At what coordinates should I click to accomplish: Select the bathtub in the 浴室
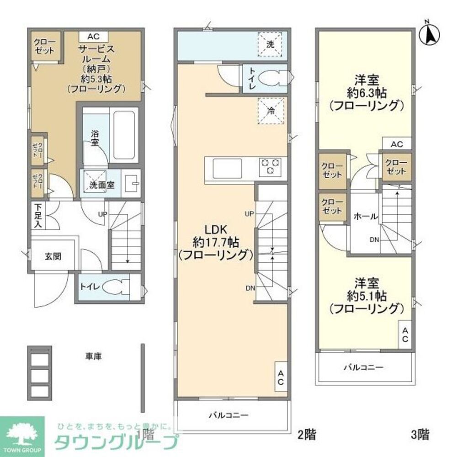click(125, 135)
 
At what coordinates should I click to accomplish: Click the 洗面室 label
click(101, 186)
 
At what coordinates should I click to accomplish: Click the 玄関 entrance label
click(53, 256)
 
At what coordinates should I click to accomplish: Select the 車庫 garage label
click(93, 356)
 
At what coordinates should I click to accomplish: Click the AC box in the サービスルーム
click(93, 37)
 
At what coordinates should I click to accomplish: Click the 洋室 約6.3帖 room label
click(367, 93)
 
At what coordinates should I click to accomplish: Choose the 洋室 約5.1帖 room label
click(367, 296)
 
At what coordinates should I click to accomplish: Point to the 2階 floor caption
click(307, 433)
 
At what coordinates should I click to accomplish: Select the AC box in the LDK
click(281, 377)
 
